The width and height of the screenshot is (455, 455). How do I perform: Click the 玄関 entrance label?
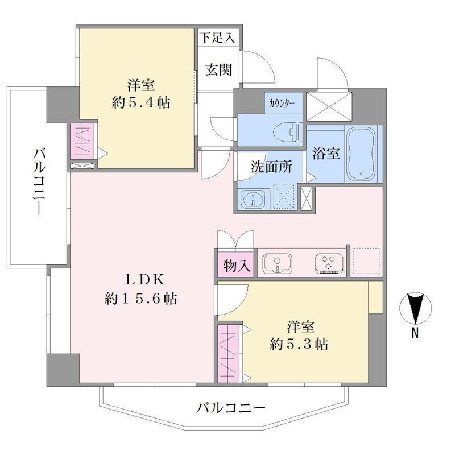pos(219,70)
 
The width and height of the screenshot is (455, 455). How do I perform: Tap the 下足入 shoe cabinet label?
pos(218,38)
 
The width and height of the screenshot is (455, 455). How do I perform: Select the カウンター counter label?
pos(282,103)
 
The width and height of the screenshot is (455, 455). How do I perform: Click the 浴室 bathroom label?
pos(326,153)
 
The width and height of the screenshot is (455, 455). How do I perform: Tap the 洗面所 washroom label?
pos(271,167)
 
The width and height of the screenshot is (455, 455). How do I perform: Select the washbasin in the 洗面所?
pos(254,199)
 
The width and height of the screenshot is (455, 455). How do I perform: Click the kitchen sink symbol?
pos(278,264)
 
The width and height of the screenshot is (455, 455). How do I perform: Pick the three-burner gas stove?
pos(329,264)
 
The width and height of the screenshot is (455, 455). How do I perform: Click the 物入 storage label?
pos(237,266)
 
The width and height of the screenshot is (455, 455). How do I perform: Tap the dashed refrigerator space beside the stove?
pos(366,261)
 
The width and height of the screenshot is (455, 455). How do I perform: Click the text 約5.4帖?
pos(141,103)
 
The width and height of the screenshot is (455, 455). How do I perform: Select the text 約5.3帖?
pos(299,345)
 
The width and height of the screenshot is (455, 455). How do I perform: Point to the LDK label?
pos(145,280)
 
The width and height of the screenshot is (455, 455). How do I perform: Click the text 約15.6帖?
pos(141,298)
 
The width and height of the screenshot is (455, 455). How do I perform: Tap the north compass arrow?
pos(416,308)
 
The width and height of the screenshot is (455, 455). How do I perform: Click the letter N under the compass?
pos(415,333)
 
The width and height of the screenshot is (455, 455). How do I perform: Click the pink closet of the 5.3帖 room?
pos(229,353)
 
